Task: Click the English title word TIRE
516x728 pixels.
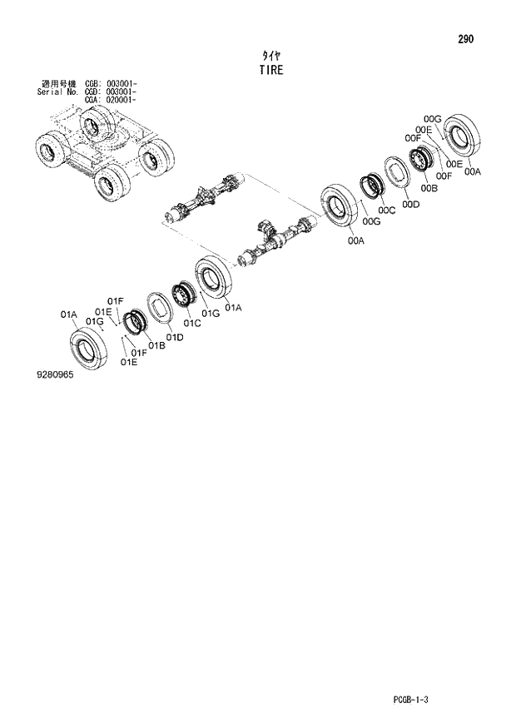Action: (270, 71)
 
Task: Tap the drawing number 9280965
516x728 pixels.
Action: (55, 375)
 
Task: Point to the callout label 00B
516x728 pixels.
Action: (430, 190)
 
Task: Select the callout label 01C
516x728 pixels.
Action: (192, 324)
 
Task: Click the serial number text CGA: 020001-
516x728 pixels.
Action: (112, 100)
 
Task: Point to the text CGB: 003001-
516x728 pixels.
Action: (112, 84)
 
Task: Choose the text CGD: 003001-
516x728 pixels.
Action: (112, 92)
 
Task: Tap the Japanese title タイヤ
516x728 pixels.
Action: (270, 55)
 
